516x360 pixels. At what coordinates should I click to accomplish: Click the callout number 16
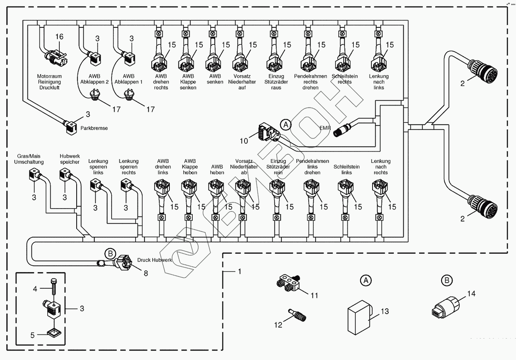(59, 36)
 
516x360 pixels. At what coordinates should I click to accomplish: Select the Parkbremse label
(94, 128)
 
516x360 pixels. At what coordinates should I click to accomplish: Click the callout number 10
(244, 141)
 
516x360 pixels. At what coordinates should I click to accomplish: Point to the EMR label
(325, 128)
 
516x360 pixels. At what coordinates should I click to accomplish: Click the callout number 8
(146, 274)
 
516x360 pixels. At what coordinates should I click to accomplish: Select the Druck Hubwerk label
(154, 260)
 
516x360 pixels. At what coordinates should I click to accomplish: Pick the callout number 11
(314, 295)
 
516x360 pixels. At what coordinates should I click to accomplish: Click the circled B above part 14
(447, 280)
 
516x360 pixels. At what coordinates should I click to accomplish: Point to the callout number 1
(240, 271)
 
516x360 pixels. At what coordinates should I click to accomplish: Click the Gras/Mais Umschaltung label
(29, 159)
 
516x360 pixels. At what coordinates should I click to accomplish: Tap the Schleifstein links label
(347, 169)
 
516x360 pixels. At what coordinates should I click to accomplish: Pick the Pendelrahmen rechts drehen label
(311, 82)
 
